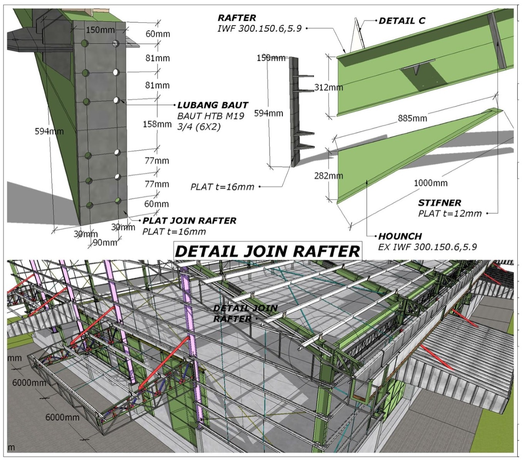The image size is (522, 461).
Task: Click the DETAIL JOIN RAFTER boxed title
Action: pyautogui.click(x=267, y=251)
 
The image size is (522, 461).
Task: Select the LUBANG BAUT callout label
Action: pyautogui.click(x=212, y=105)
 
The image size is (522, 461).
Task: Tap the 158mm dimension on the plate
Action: pyautogui.click(x=157, y=124)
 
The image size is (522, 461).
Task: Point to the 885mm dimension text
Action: pyautogui.click(x=412, y=118)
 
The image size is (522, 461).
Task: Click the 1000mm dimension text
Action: pyautogui.click(x=430, y=183)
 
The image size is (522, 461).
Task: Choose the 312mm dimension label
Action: pyautogui.click(x=328, y=87)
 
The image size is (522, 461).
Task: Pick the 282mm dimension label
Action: pyautogui.click(x=328, y=176)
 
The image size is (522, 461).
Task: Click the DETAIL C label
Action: pyautogui.click(x=402, y=21)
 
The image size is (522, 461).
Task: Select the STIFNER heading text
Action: pyautogui.click(x=439, y=203)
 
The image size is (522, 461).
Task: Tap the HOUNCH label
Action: pyautogui.click(x=400, y=236)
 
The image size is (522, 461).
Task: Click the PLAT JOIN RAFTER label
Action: pyautogui.click(x=189, y=221)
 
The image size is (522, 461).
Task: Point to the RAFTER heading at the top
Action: pyautogui.click(x=237, y=18)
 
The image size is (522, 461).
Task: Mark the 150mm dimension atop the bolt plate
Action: pyautogui.click(x=100, y=30)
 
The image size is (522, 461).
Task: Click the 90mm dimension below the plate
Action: pyautogui.click(x=105, y=242)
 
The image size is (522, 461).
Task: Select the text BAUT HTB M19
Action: pyautogui.click(x=210, y=116)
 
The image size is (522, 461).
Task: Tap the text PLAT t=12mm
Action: pyautogui.click(x=450, y=214)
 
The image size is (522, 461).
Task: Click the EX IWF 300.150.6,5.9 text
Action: pyautogui.click(x=427, y=247)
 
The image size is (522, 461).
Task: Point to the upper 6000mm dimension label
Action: pyautogui.click(x=29, y=383)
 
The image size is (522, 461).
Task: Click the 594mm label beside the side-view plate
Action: pyautogui.click(x=268, y=113)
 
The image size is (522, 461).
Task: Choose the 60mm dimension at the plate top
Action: pyautogui.click(x=158, y=34)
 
